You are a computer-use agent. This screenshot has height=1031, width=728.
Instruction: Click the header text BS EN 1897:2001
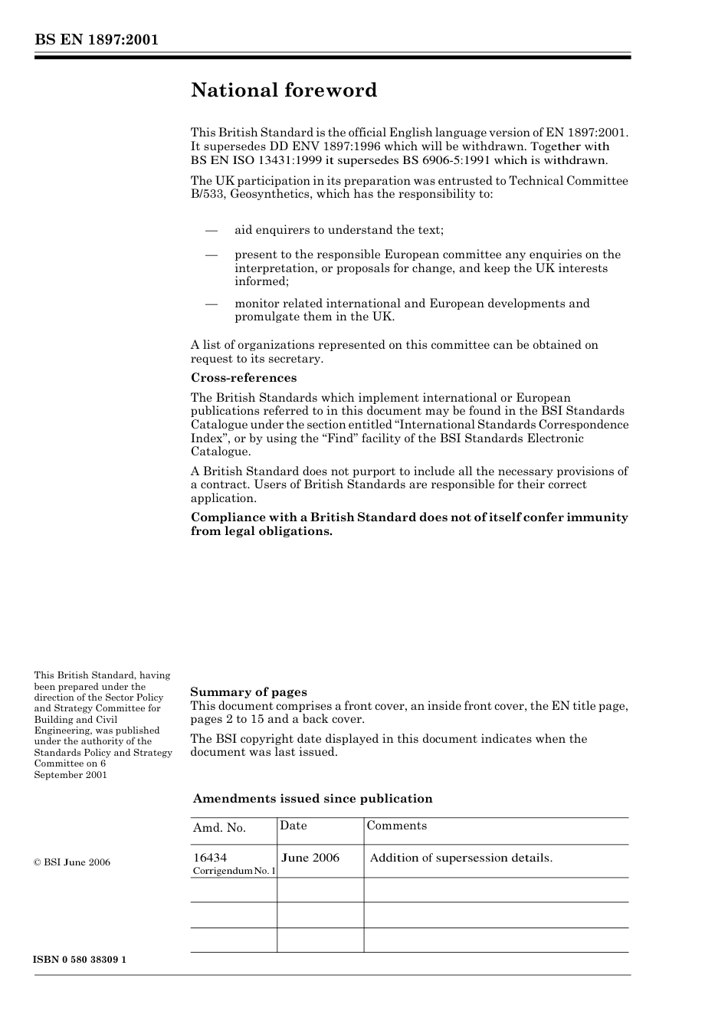pyautogui.click(x=96, y=40)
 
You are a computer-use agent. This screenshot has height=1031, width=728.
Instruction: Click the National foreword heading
pyautogui.click(x=284, y=90)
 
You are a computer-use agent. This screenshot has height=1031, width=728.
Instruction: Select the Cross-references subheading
pyautogui.click(x=243, y=378)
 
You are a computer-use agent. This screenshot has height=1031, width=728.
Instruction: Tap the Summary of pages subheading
pyautogui.click(x=248, y=692)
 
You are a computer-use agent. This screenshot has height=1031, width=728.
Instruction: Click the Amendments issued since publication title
pyautogui.click(x=313, y=799)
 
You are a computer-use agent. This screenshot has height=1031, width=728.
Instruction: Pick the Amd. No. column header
pyautogui.click(x=219, y=828)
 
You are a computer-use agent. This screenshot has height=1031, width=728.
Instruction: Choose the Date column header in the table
pyautogui.click(x=293, y=826)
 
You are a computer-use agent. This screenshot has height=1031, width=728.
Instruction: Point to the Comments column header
pyautogui.click(x=396, y=826)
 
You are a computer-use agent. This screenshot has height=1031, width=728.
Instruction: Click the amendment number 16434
pyautogui.click(x=210, y=858)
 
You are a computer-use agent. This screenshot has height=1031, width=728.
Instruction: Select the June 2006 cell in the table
pyautogui.click(x=310, y=858)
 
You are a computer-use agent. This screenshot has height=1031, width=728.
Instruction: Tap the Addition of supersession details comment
pyautogui.click(x=461, y=858)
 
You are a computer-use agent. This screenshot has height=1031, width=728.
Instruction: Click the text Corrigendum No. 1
pyautogui.click(x=234, y=872)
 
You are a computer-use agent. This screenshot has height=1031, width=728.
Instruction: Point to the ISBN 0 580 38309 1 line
pyautogui.click(x=80, y=960)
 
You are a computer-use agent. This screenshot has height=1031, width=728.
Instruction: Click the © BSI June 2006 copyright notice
pyautogui.click(x=72, y=862)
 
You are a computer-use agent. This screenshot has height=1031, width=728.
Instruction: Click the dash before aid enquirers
pyautogui.click(x=212, y=230)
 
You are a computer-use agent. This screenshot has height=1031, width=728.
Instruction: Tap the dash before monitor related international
pyautogui.click(x=212, y=304)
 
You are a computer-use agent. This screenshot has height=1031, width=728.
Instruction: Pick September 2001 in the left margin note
pyautogui.click(x=71, y=775)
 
